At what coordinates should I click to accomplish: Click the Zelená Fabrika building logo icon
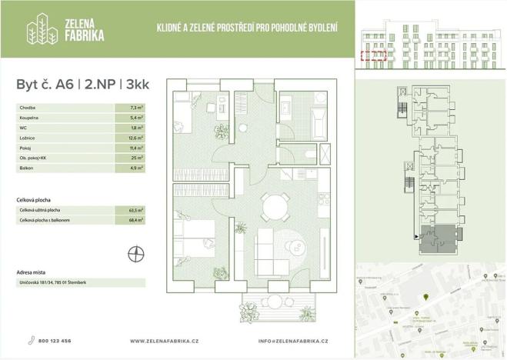[40, 30]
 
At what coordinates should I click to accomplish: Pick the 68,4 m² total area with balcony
[138, 221]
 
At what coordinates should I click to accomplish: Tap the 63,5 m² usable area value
[138, 209]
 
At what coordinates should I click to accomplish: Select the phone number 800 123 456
[56, 340]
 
